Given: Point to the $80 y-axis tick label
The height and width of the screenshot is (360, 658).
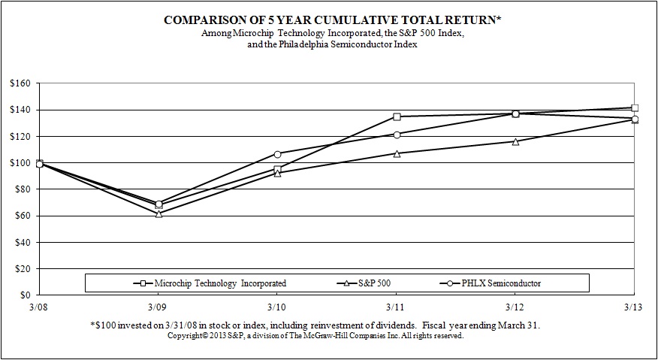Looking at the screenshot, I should click(x=20, y=189).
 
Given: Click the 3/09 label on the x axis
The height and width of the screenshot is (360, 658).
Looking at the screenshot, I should click(x=158, y=307).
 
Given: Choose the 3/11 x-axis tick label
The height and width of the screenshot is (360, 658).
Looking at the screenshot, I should click(x=397, y=307).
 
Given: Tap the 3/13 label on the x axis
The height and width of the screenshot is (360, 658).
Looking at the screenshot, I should click(x=635, y=307).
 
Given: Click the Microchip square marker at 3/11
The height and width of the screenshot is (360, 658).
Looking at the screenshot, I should click(x=397, y=116).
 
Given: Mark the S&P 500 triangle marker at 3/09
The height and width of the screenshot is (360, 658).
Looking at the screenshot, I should click(x=158, y=213).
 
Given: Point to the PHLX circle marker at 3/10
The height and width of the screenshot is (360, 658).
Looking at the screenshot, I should click(x=277, y=154).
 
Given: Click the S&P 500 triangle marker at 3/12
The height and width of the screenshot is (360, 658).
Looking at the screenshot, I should click(x=515, y=141).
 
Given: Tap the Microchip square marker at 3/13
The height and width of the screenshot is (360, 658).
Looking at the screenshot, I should click(x=635, y=107).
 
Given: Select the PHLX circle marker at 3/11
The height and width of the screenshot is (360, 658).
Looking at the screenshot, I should click(x=397, y=135).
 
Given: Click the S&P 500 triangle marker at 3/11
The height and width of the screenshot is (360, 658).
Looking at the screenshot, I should click(x=397, y=153).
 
